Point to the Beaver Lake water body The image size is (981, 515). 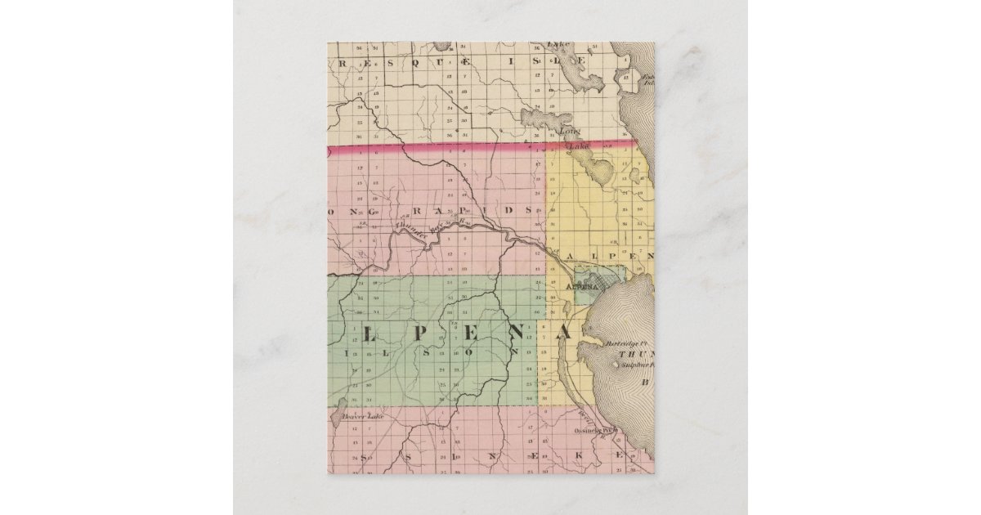pos(338,422)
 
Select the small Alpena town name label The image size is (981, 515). pos(584,288)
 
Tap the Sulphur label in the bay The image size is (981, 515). pos(635,369)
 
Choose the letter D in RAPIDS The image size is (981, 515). pos(508,209)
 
